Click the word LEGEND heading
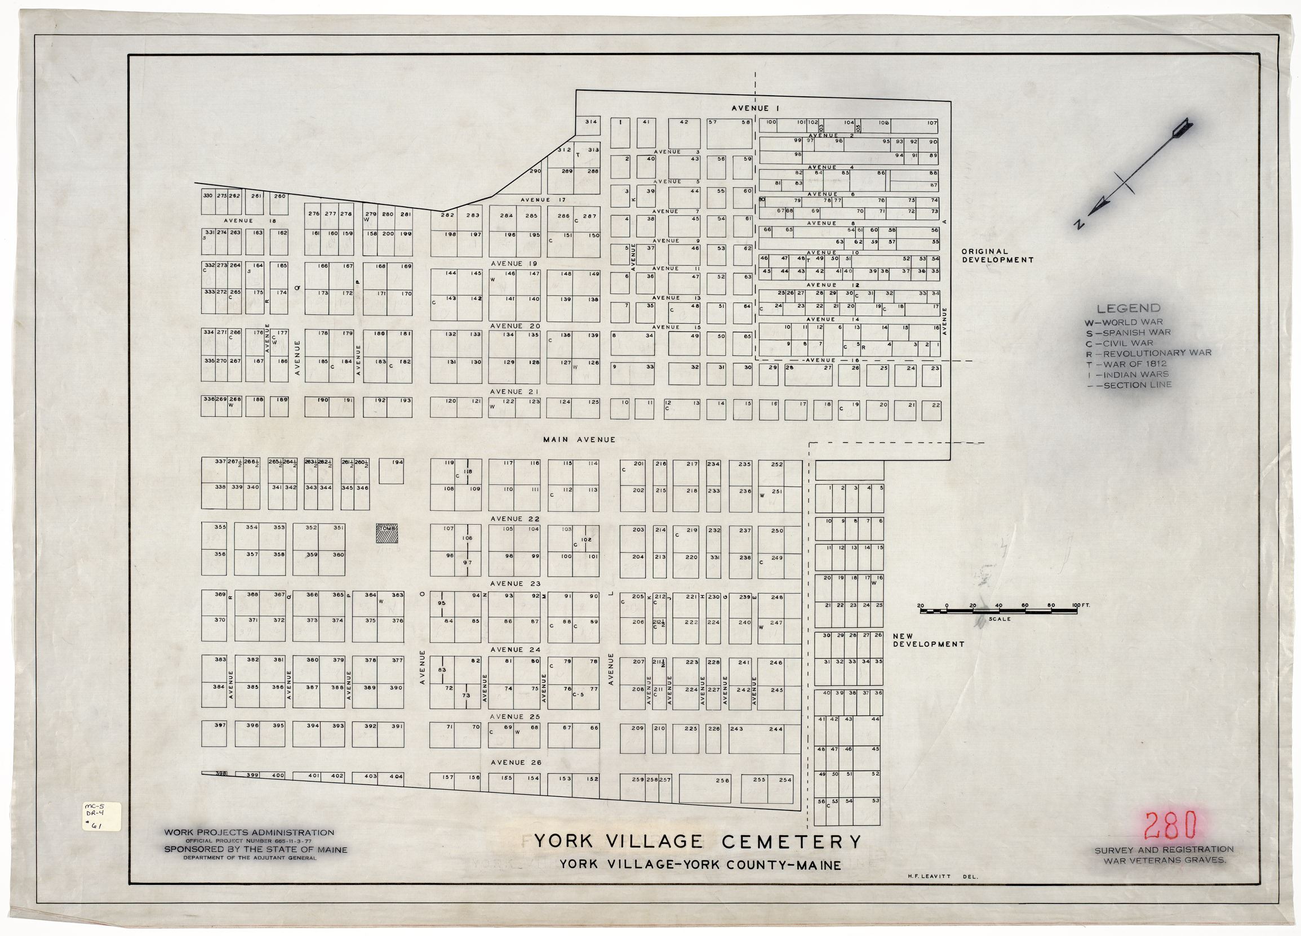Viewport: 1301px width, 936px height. click(x=1129, y=309)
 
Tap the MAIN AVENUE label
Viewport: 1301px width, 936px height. click(x=579, y=439)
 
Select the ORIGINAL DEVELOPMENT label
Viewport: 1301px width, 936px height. click(x=997, y=255)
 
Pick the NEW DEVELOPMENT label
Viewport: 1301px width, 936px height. click(x=928, y=640)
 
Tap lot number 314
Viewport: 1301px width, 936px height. click(x=591, y=122)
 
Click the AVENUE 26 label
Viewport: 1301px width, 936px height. click(x=515, y=762)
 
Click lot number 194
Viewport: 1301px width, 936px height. click(x=397, y=462)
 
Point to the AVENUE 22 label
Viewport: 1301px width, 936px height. click(x=515, y=519)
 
